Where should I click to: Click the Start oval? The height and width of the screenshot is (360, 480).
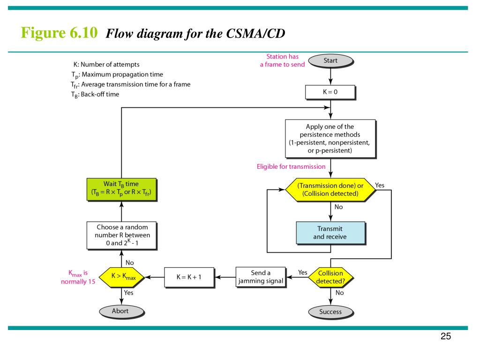click(330, 60)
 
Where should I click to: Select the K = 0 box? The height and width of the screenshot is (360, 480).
click(330, 92)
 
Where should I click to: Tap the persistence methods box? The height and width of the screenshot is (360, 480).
click(330, 138)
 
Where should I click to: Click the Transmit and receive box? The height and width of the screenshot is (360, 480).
click(330, 232)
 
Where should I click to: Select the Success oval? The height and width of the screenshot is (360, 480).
click(330, 311)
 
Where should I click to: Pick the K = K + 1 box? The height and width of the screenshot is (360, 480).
click(188, 277)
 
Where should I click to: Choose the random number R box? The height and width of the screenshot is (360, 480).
click(121, 235)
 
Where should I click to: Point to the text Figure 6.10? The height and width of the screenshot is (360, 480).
click(59, 33)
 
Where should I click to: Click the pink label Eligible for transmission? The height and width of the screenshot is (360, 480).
click(291, 166)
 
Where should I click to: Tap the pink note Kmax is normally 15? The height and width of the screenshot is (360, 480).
click(78, 277)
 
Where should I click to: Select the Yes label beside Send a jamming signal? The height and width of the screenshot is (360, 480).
click(303, 272)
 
